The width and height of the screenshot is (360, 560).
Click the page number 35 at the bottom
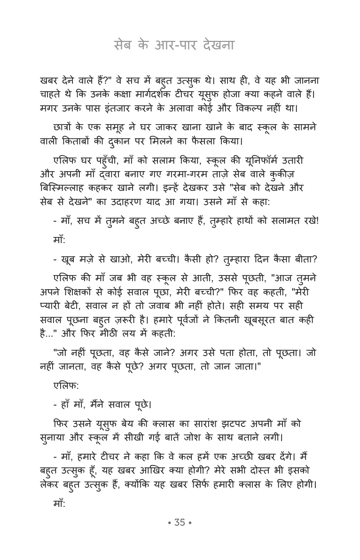[180, 522]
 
